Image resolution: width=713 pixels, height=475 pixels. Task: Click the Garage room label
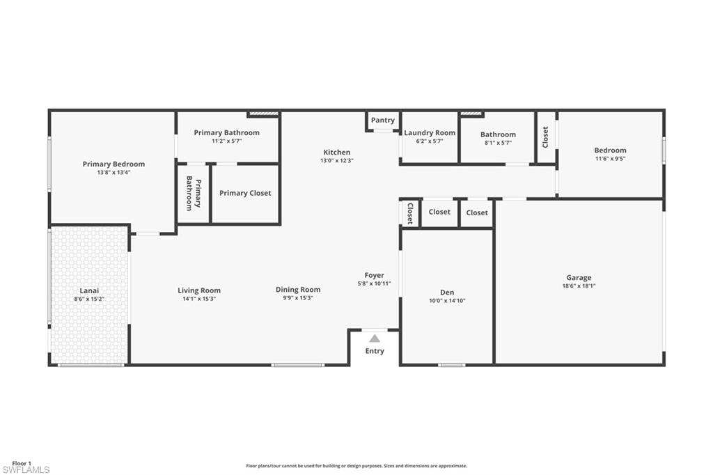tap(579, 277)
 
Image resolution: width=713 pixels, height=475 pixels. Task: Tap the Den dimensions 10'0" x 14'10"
tap(447, 301)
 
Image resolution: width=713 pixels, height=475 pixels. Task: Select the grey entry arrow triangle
tap(375, 338)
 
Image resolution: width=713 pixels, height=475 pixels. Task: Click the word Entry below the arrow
tap(375, 351)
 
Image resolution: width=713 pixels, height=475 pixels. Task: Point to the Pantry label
tap(383, 120)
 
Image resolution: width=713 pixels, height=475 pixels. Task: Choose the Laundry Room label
tap(430, 133)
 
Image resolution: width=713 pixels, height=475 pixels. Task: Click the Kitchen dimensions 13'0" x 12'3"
tap(337, 161)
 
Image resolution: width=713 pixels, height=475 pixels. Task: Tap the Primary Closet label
tap(245, 193)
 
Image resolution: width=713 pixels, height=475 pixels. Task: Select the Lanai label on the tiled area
tap(89, 290)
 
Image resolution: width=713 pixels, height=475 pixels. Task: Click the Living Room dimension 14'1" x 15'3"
tap(199, 299)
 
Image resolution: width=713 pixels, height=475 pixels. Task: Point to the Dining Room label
tap(298, 289)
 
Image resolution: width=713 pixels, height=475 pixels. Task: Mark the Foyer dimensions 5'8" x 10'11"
tap(374, 284)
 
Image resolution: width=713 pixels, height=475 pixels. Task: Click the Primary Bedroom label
tap(113, 164)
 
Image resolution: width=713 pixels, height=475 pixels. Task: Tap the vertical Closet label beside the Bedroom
tap(545, 137)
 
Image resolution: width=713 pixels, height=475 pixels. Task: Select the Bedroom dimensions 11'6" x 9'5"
tap(610, 159)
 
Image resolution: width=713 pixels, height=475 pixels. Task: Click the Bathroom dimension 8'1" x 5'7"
tap(498, 143)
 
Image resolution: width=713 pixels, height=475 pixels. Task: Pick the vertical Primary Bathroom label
tap(194, 194)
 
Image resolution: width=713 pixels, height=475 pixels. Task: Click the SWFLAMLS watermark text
tap(26, 470)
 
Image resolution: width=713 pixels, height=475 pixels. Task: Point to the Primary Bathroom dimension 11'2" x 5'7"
tap(226, 141)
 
